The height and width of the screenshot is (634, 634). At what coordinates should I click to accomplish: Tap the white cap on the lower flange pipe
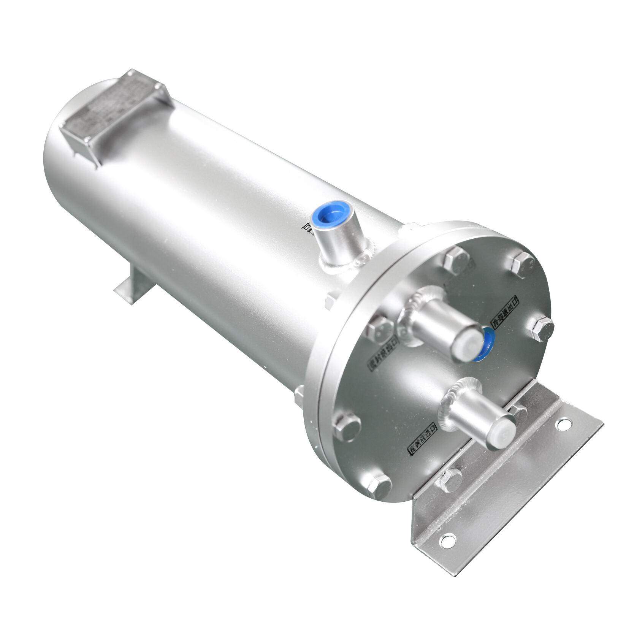click(503, 432)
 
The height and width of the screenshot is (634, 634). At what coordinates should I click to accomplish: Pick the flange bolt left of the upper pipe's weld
click(380, 328)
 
